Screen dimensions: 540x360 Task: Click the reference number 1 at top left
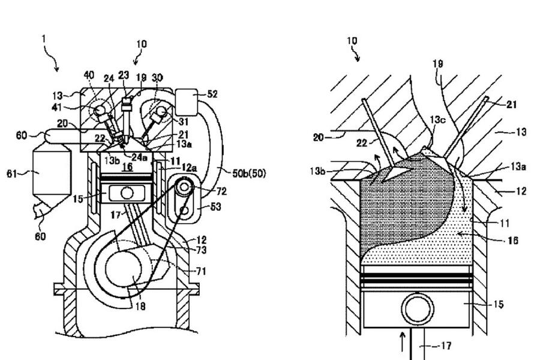(44, 39)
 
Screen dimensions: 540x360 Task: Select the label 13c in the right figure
(437, 119)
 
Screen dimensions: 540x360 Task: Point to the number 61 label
(12, 173)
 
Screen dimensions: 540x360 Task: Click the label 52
(212, 94)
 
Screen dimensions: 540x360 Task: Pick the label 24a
(139, 157)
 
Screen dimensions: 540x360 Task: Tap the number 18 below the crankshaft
(140, 306)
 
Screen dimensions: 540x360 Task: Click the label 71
(201, 271)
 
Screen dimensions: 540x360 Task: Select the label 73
(201, 250)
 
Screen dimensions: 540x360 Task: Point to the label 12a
(189, 168)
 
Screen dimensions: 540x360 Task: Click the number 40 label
(89, 75)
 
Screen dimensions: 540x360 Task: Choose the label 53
(215, 206)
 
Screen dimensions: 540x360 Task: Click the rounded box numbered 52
(187, 103)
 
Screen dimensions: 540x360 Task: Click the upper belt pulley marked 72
(185, 187)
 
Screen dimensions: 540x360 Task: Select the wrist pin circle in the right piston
(418, 308)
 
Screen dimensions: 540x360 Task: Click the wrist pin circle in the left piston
(127, 193)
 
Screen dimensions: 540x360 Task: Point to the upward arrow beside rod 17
(402, 341)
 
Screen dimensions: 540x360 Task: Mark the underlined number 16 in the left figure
(127, 167)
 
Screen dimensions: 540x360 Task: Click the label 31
(184, 121)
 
